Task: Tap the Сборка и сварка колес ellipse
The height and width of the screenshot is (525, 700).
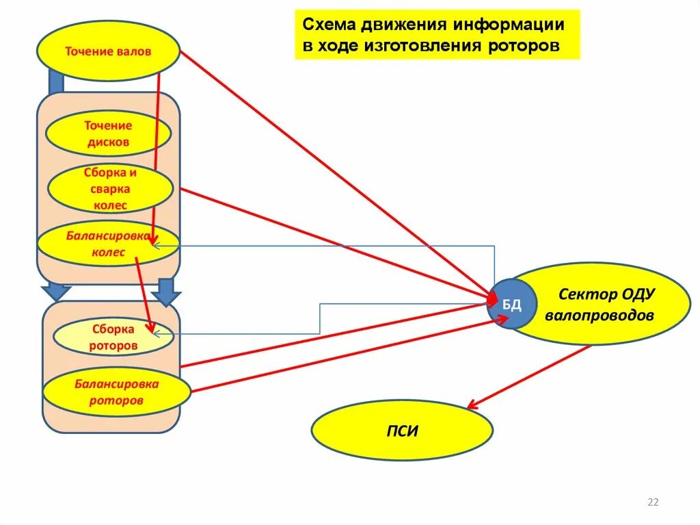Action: [101, 188]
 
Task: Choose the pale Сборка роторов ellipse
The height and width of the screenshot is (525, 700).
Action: [113, 337]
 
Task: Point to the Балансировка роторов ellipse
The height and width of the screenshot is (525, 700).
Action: [116, 392]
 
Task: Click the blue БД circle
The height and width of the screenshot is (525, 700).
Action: [512, 304]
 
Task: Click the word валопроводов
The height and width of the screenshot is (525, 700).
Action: [600, 316]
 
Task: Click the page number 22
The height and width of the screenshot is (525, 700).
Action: [652, 503]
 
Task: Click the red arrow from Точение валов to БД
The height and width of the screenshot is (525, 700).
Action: [335, 175]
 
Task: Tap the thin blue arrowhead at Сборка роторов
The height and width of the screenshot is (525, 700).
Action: [157, 333]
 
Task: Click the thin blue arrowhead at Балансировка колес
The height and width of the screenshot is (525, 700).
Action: [155, 246]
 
